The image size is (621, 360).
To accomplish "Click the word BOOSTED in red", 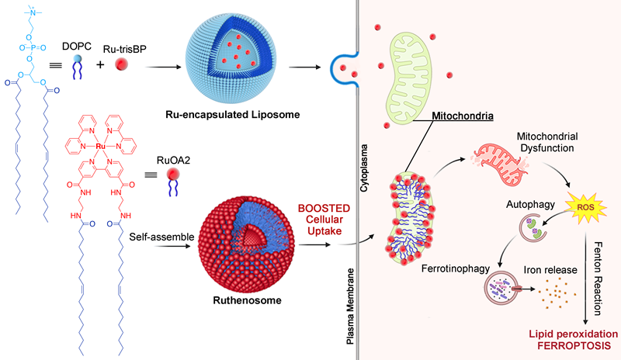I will (328, 208).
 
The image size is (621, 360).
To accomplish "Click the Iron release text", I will (540, 268).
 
